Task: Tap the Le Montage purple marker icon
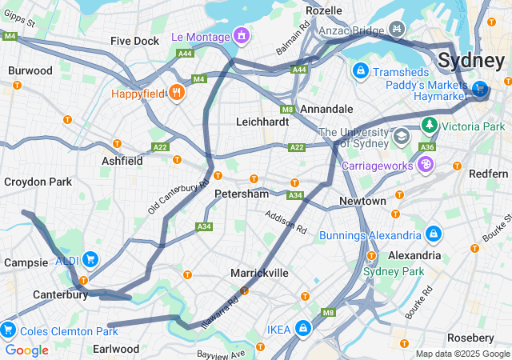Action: coord(240,36)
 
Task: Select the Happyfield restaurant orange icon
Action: coord(176,94)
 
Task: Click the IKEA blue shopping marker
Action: coord(303,328)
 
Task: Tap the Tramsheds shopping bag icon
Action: coord(362,71)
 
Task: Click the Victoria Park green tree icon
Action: coord(429,126)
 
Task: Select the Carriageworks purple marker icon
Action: coord(426,165)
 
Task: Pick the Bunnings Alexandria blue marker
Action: coord(434,234)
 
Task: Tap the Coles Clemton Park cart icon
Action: coord(8,330)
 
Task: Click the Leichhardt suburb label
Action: coord(262,122)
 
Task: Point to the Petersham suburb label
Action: coord(241,194)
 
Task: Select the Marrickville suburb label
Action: coord(259,273)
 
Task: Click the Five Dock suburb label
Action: coord(135,40)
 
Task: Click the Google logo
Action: coord(26,350)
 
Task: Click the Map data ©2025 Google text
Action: coord(462,354)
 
